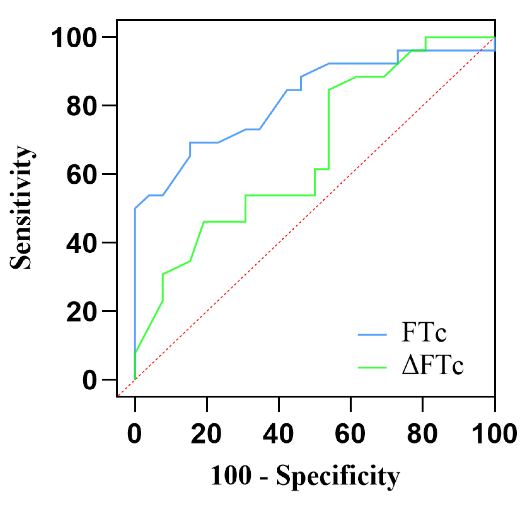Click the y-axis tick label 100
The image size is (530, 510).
(x=74, y=38)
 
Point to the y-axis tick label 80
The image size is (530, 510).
(x=81, y=106)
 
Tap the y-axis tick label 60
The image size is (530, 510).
(x=81, y=175)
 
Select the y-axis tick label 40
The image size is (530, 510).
(x=81, y=244)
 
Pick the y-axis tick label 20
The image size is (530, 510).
(x=81, y=312)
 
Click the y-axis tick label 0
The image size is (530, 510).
(x=89, y=381)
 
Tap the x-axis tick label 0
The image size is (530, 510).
(x=135, y=434)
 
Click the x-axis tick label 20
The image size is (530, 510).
(x=206, y=434)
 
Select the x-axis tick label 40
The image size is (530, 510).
(x=278, y=434)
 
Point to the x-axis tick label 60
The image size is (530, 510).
(x=350, y=434)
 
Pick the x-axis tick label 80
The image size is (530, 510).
(x=422, y=434)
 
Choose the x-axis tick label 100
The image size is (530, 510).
(x=494, y=434)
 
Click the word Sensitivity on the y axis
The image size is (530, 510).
(x=21, y=208)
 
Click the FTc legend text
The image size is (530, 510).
(x=424, y=332)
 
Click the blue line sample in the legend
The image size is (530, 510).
(x=372, y=335)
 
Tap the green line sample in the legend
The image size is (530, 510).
(x=372, y=367)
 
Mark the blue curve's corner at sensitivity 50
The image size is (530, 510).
(x=135, y=208)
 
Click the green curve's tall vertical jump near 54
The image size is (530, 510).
(x=329, y=129)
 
